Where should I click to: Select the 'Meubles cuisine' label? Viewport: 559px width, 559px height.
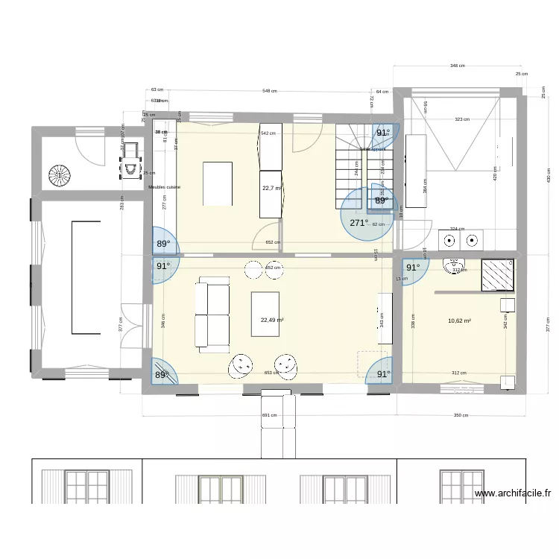[164, 187]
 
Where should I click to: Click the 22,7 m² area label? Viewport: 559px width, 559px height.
[271, 189]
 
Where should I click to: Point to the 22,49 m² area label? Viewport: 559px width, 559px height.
[271, 320]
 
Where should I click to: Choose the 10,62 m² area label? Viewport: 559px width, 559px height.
[459, 321]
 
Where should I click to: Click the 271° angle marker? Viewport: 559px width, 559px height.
[359, 222]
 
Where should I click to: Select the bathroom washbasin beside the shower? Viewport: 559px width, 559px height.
[453, 265]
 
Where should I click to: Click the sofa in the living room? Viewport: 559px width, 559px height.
[212, 313]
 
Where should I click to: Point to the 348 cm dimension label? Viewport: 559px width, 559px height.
[457, 66]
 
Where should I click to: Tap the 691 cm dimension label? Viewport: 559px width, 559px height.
[269, 415]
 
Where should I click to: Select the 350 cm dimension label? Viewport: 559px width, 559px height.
[461, 415]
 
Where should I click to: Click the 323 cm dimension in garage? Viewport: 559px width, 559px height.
[462, 119]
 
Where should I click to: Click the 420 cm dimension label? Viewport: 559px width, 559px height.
[495, 173]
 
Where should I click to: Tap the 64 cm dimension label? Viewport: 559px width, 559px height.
[382, 92]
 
